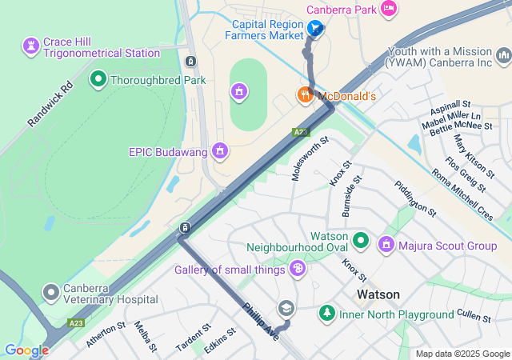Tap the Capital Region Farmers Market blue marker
[316, 30]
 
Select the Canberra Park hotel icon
[389, 9]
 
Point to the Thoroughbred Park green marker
[98, 79]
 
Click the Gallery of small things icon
[298, 269]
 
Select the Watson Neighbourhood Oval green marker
[361, 239]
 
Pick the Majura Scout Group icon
[387, 244]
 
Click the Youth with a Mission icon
[503, 55]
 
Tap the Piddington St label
[414, 199]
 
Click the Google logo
[27, 350]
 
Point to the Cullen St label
[475, 318]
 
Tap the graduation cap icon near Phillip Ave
[286, 309]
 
